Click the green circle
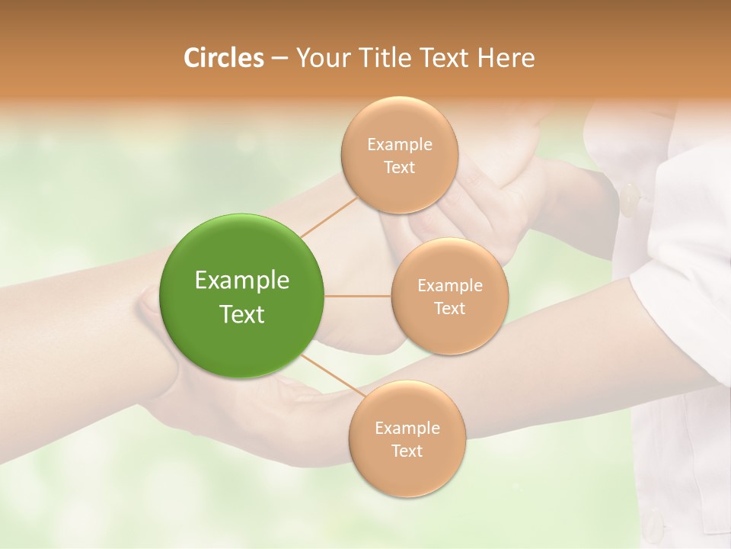tap(242, 296)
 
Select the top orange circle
tap(399, 156)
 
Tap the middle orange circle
tap(449, 297)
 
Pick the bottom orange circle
tap(407, 439)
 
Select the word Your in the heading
tap(321, 58)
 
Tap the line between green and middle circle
tap(358, 296)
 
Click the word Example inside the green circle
tap(242, 281)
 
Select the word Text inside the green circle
tap(242, 314)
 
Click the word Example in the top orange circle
tap(399, 145)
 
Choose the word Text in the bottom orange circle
tap(407, 451)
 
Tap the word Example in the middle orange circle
tap(449, 286)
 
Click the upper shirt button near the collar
tap(630, 200)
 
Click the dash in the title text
tap(279, 59)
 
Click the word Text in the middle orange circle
tap(449, 308)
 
